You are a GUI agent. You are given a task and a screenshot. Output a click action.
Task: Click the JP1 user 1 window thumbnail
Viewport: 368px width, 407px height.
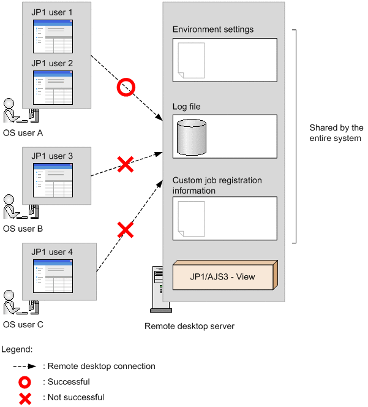(x=53, y=36)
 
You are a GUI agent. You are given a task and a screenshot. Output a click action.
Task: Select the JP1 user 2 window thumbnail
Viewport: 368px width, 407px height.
(x=53, y=88)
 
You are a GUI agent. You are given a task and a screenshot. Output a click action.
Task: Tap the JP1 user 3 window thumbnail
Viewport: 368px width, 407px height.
(x=53, y=180)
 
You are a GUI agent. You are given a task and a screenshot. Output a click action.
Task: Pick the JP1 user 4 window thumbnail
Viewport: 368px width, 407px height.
(x=53, y=276)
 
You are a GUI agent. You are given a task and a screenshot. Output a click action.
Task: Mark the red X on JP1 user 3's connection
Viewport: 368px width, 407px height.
(x=126, y=164)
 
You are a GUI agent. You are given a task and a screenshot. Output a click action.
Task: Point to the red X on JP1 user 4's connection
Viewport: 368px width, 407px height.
(x=126, y=230)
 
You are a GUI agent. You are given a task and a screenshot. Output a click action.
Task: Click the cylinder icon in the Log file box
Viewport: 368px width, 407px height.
(x=192, y=137)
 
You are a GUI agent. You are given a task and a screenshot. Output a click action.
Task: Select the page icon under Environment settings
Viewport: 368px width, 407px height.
(x=192, y=61)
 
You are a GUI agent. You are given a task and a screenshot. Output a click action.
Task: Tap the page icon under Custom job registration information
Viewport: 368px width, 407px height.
(x=192, y=219)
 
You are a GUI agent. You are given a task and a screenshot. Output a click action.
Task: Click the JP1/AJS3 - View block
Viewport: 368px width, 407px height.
(x=225, y=275)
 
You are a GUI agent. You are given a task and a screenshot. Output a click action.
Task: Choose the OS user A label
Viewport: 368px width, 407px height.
(x=23, y=133)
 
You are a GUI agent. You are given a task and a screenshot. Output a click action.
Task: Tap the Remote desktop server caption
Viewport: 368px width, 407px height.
(x=189, y=326)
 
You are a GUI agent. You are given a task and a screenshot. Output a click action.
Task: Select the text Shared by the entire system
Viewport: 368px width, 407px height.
(x=336, y=133)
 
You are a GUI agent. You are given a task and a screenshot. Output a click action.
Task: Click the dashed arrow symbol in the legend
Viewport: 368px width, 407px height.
(x=24, y=367)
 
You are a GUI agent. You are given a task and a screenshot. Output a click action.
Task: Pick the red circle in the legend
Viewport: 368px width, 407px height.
(x=24, y=382)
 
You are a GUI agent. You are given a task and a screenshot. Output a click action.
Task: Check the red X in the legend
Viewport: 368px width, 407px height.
(x=25, y=398)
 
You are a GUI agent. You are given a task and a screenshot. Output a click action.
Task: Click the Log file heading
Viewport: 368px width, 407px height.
(x=187, y=107)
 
